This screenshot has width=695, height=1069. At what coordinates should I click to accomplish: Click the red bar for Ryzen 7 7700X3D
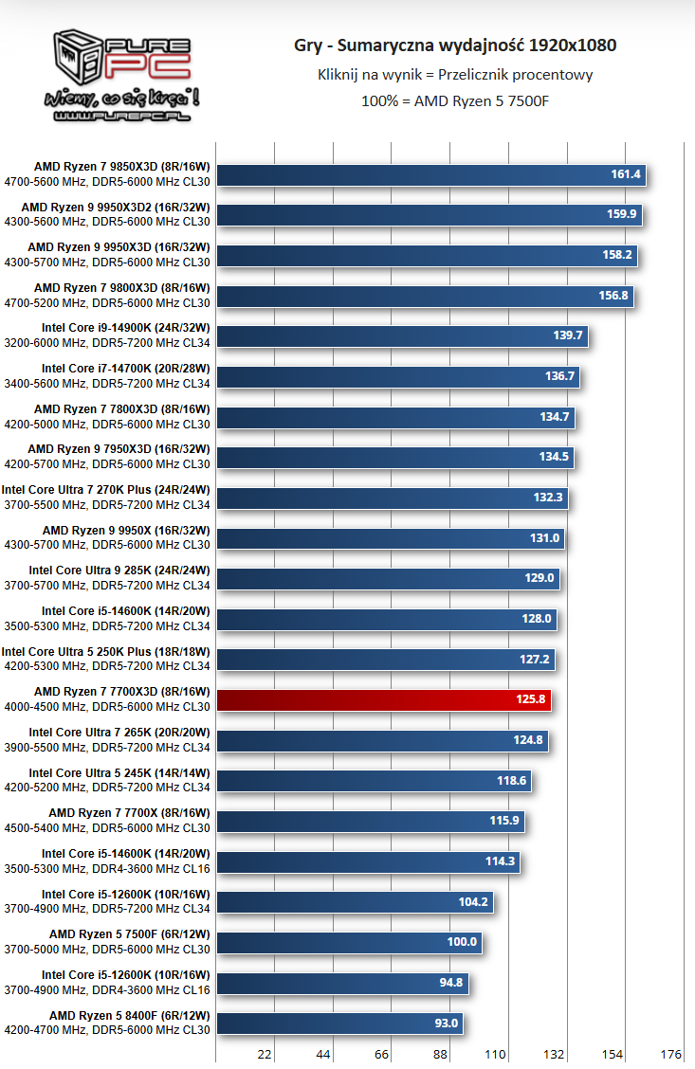(x=383, y=699)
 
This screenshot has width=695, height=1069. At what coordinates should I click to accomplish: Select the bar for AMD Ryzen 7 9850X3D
(x=431, y=174)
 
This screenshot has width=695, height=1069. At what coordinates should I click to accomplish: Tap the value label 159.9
(x=621, y=214)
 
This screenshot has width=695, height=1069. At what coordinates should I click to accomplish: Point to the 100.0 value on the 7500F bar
(x=462, y=941)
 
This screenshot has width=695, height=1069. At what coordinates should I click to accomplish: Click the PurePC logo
(x=121, y=76)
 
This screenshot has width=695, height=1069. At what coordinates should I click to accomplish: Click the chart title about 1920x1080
(x=455, y=45)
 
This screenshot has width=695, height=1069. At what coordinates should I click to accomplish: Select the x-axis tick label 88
(x=440, y=1054)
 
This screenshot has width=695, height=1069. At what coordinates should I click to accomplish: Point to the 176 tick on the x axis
(x=670, y=1054)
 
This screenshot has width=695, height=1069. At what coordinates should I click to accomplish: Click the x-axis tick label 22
(x=265, y=1054)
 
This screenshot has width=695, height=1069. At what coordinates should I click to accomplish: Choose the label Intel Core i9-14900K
(x=125, y=328)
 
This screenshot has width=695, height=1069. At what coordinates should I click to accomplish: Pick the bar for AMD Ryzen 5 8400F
(x=339, y=1023)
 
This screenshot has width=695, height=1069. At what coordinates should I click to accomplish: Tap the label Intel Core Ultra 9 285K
(x=119, y=571)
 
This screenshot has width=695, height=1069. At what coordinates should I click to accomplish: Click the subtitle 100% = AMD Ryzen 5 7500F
(x=455, y=100)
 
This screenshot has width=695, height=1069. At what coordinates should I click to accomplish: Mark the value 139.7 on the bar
(x=567, y=335)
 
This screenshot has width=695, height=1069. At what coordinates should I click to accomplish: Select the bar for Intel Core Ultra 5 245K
(x=374, y=781)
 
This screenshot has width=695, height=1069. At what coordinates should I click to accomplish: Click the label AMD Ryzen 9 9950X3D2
(x=116, y=208)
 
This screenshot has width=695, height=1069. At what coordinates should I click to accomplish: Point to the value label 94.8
(x=450, y=983)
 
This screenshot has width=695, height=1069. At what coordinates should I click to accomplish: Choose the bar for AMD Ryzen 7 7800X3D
(x=395, y=417)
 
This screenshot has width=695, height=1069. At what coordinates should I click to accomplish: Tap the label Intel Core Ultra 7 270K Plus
(x=105, y=490)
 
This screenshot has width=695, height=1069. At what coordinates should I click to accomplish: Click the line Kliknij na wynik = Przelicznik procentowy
(x=455, y=74)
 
